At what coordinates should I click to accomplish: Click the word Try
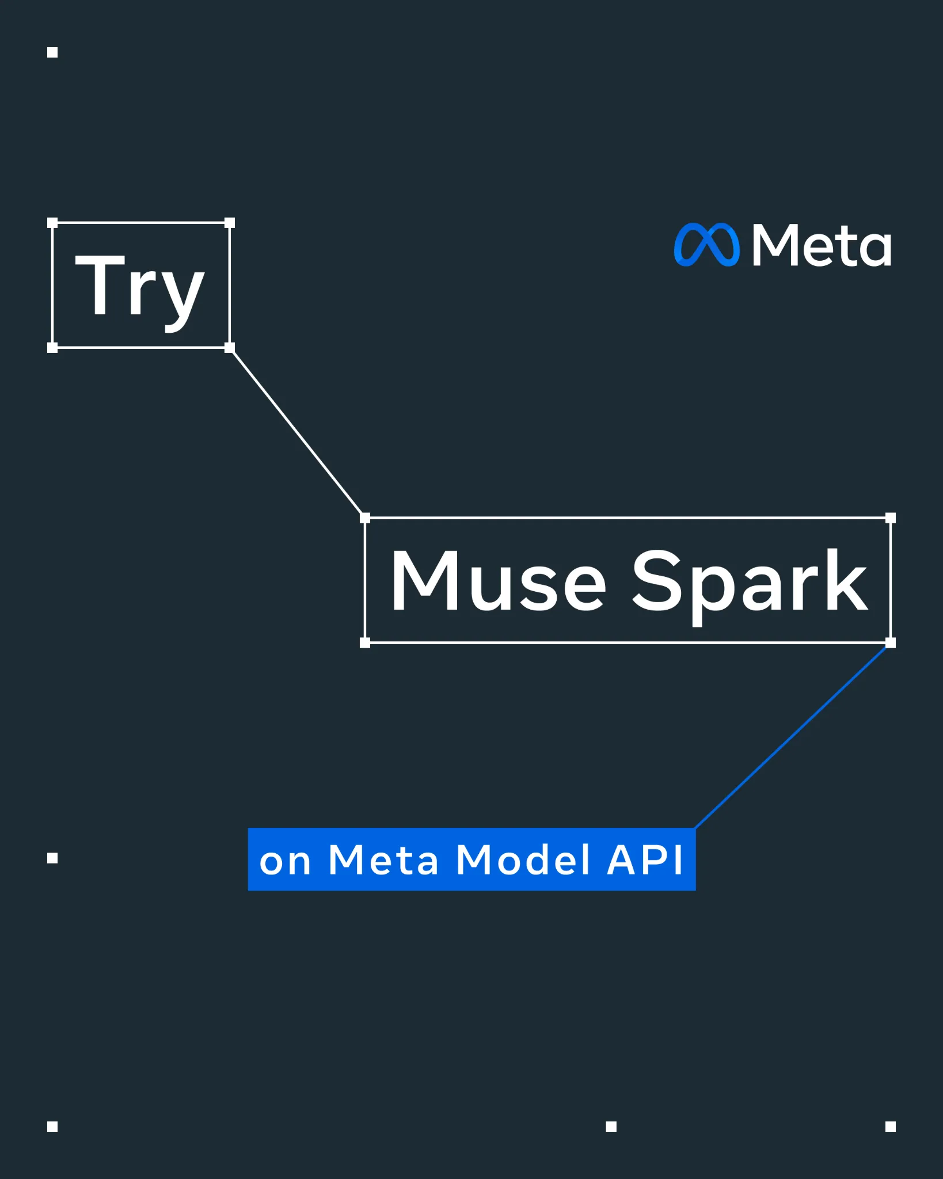point(140,292)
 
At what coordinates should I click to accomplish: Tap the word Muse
point(499,580)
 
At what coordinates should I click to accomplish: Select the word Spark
point(750,586)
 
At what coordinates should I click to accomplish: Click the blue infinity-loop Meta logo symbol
point(707,245)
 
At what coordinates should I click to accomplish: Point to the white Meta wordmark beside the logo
point(822,245)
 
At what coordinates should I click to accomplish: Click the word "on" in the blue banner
point(285,862)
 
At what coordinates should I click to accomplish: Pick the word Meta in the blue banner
point(383,859)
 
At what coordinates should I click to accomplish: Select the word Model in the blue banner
point(523,859)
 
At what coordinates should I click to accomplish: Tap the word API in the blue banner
point(645,859)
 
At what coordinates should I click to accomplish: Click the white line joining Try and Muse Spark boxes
point(297,433)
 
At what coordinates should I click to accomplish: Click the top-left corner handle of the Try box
point(52,223)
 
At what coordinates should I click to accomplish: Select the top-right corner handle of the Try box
point(230,223)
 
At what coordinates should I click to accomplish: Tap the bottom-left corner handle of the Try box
point(52,348)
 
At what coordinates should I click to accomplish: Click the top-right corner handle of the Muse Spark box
point(891,518)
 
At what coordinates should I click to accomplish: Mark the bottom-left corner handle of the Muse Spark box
point(365,643)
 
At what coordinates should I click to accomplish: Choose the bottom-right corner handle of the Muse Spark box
point(891,643)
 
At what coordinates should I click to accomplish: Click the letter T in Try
point(100,284)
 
